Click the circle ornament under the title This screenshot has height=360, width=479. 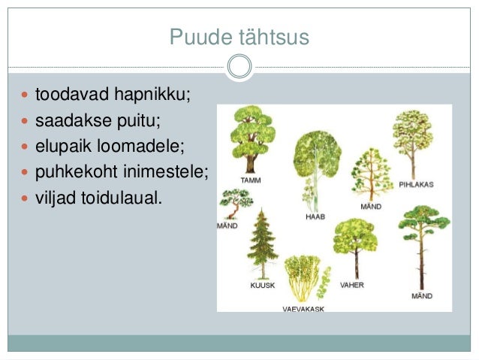(x=239, y=67)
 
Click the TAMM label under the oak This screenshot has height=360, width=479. (x=251, y=180)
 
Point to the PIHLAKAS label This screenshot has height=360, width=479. (x=417, y=183)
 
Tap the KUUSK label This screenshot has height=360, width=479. (x=262, y=286)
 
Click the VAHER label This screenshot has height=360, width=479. (x=352, y=286)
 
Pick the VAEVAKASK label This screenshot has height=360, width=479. (x=303, y=309)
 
